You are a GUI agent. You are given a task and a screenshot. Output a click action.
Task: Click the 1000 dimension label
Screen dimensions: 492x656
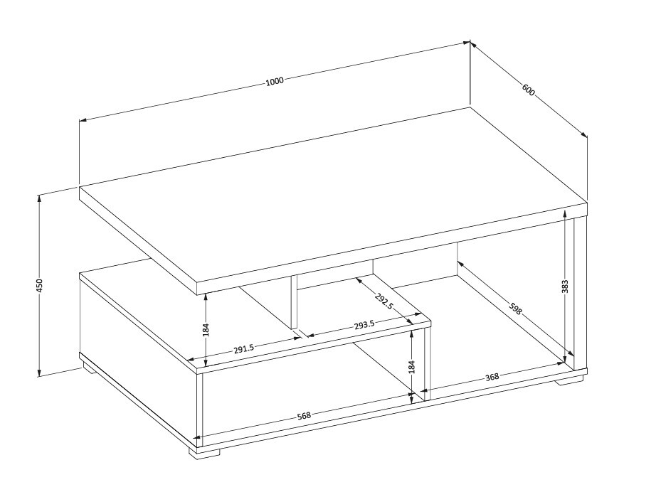point(275,80)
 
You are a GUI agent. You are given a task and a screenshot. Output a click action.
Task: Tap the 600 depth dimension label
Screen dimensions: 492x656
point(528,90)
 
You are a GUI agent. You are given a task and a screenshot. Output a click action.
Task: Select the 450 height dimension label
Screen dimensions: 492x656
point(40,285)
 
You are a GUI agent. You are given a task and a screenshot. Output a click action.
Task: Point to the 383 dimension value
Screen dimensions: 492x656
point(566,287)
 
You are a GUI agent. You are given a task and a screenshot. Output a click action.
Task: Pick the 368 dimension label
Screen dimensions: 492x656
point(492,377)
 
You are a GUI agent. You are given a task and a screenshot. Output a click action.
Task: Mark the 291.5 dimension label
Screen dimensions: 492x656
point(244,348)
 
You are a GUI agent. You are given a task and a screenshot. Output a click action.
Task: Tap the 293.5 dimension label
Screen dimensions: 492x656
point(364,324)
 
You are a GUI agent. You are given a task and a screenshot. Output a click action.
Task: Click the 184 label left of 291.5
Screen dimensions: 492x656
point(206,329)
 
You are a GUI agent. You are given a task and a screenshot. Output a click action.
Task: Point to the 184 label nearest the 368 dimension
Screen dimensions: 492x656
point(412,367)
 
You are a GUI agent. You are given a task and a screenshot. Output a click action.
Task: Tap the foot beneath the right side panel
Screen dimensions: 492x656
point(569,380)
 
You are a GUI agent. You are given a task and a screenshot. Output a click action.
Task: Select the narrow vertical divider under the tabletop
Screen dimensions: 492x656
point(292,302)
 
